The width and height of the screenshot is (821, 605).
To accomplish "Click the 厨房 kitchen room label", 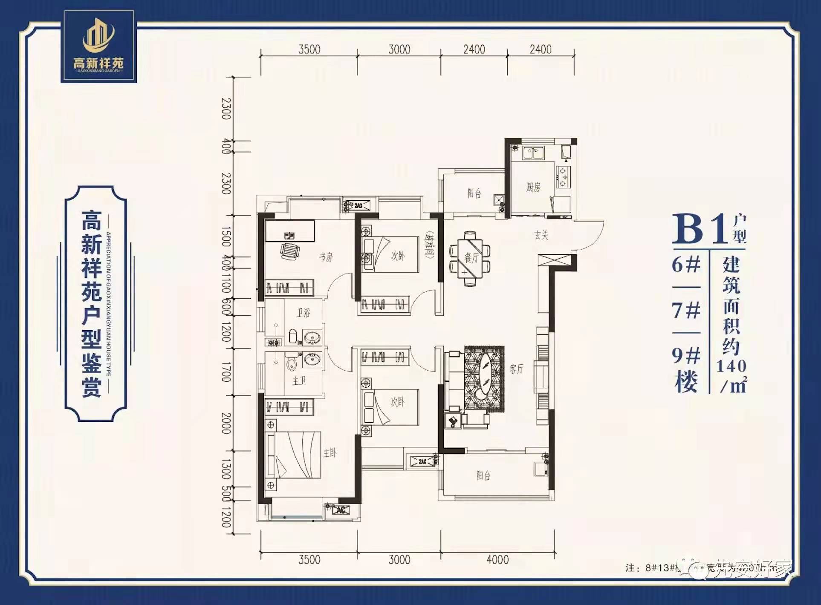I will point(533,187).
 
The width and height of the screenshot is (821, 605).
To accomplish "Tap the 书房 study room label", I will point(326,257).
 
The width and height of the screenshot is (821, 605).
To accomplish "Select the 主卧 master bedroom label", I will point(330,453).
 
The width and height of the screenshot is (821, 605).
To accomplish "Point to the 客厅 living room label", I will point(516,369).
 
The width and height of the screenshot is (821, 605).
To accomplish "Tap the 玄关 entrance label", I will point(541,235).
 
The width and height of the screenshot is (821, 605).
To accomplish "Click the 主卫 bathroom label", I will point(299,380).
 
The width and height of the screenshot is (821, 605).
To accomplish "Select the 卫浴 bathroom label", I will point(304,313).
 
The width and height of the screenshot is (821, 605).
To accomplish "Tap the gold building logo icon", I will point(98,36).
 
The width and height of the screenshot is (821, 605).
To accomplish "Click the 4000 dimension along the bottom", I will point(497,559).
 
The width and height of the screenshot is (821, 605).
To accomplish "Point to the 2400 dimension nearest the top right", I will point(541,49).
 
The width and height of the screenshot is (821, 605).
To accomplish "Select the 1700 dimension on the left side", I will point(226,372).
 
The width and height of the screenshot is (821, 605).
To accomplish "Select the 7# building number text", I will point(686,310).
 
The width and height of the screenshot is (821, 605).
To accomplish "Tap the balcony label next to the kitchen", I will point(474,194).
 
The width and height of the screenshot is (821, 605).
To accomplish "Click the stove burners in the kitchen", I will point(563,177).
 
